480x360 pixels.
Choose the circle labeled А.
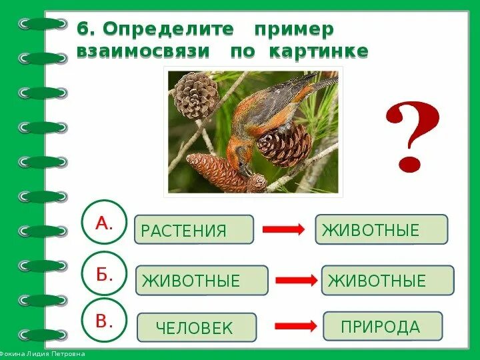(103, 223)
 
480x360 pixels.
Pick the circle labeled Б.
(103, 273)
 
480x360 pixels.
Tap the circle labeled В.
(103, 321)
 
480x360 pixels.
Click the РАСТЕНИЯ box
(194, 230)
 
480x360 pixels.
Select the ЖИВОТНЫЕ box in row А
(381, 230)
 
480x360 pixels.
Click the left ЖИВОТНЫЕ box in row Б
(201, 281)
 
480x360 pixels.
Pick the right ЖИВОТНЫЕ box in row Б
(387, 281)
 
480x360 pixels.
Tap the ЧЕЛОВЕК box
(196, 328)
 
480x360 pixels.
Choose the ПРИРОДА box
(382, 327)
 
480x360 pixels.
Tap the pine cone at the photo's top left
(195, 94)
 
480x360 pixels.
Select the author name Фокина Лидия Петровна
(43, 354)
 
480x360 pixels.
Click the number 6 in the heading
(83, 29)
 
